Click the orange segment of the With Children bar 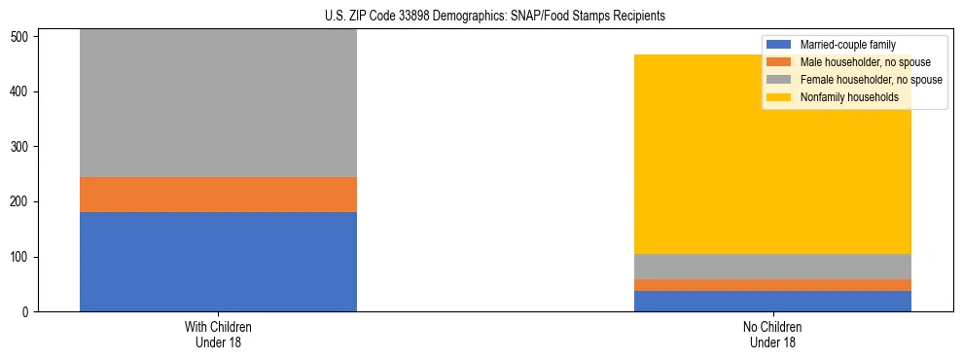218,195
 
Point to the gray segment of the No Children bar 772,267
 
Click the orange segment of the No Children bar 772,285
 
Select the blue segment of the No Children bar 772,302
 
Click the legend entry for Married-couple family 847,45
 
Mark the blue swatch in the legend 779,45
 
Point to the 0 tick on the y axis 29,312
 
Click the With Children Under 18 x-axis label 218,335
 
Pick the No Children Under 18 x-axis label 772,335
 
